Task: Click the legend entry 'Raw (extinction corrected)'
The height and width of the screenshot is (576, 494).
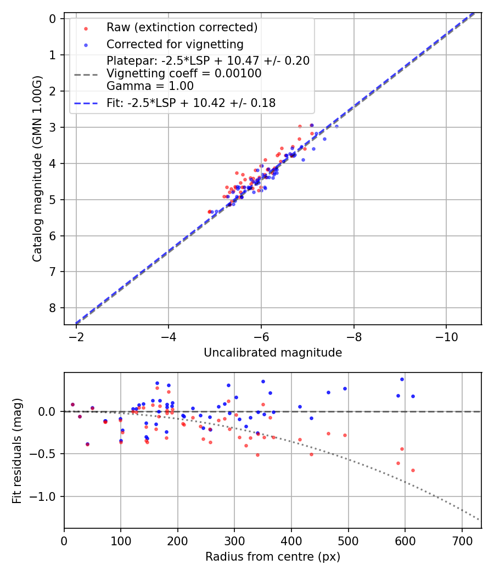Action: tap(182, 27)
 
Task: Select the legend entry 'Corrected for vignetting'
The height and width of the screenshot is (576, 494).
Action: tap(175, 44)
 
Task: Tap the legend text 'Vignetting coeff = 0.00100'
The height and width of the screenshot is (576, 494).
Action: tap(184, 74)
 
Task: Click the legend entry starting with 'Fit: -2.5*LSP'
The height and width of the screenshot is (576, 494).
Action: tap(190, 103)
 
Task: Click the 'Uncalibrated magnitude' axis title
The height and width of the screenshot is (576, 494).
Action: tap(273, 353)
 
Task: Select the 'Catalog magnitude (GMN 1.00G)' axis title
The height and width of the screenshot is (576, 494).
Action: tap(37, 168)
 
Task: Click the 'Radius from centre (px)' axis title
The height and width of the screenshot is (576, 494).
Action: tap(273, 557)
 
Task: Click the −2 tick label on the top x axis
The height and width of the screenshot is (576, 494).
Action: tap(76, 335)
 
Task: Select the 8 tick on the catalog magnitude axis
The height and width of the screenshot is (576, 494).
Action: tap(53, 308)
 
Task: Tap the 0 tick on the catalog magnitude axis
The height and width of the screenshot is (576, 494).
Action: tap(53, 19)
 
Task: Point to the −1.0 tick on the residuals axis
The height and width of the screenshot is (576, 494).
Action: tap(47, 496)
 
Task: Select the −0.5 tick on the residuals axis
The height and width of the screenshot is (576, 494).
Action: tap(47, 454)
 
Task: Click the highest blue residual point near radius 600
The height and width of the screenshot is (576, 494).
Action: tap(402, 379)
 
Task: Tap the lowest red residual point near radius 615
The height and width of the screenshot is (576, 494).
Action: tap(413, 470)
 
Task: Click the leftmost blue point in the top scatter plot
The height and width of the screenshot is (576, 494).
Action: tap(212, 212)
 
